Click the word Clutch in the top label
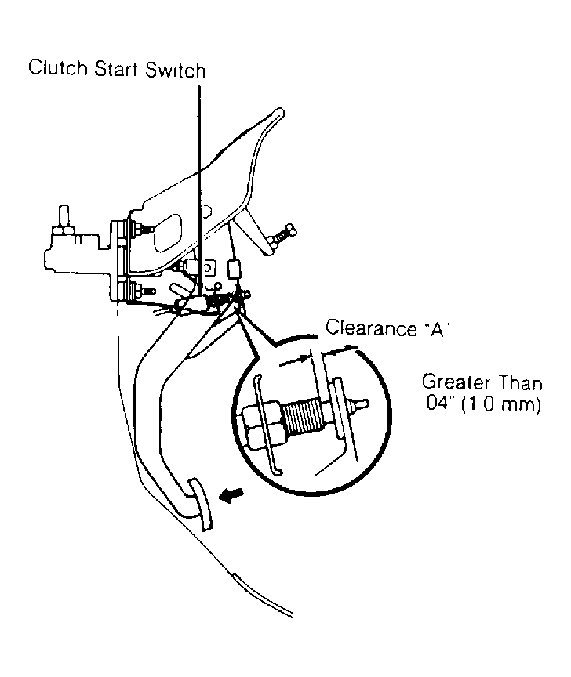click(x=57, y=68)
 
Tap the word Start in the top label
click(x=117, y=69)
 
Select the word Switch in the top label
click(x=175, y=70)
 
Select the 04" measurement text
click(x=441, y=404)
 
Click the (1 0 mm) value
click(x=501, y=405)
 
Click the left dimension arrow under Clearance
click(x=294, y=360)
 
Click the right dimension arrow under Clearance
click(x=340, y=349)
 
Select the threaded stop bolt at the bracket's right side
click(x=282, y=235)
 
